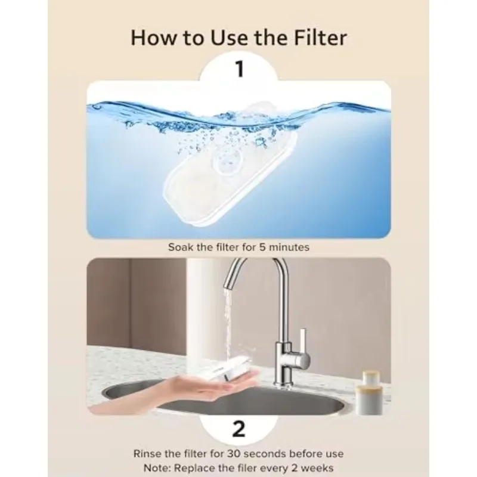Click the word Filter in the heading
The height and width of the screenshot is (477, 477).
[x=320, y=38]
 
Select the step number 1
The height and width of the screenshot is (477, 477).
[x=240, y=69]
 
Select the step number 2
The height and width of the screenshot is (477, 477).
[x=238, y=429]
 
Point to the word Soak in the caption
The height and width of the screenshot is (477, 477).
[x=181, y=247]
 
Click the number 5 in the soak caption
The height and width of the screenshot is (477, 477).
[x=262, y=247]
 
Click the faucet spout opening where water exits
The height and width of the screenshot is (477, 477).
[x=230, y=286]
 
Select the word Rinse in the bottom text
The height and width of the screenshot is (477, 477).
[x=147, y=454]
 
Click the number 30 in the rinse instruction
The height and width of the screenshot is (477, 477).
[x=234, y=454]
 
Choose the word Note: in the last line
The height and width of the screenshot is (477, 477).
[x=157, y=467]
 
